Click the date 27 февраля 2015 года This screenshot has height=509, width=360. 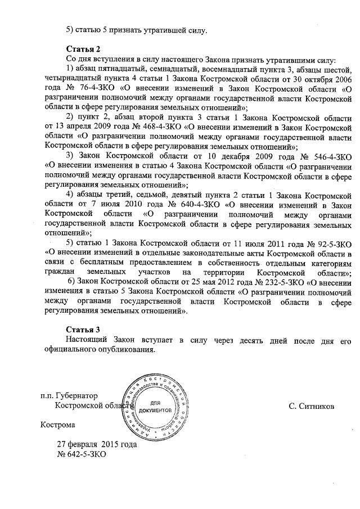(x=97, y=443)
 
